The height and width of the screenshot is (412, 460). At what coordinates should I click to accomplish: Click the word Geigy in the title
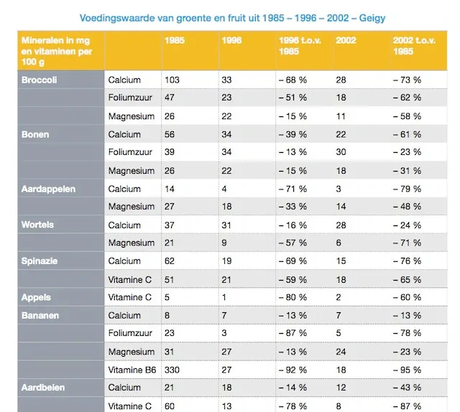click(x=372, y=18)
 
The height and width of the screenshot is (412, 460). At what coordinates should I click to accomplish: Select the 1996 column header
click(x=231, y=40)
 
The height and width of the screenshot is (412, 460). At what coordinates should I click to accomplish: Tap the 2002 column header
click(x=346, y=40)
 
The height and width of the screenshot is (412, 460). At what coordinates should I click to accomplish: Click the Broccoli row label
click(x=39, y=80)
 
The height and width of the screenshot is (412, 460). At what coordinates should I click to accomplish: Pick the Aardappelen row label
click(x=48, y=189)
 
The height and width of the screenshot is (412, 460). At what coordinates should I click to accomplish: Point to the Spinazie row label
click(x=40, y=261)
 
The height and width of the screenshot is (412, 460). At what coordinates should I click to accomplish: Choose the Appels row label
click(x=36, y=297)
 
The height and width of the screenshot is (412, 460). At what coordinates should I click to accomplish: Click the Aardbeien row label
click(x=43, y=388)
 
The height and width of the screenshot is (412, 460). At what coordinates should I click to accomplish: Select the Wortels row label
click(x=37, y=225)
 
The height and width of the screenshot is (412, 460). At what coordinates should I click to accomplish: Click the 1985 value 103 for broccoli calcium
click(x=172, y=80)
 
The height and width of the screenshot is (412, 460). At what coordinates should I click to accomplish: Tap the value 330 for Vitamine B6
click(x=172, y=370)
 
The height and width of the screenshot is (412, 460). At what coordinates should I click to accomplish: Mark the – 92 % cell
click(x=293, y=370)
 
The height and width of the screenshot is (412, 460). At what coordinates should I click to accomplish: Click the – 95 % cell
click(x=407, y=370)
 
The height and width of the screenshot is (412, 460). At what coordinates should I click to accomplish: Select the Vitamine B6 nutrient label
click(x=132, y=370)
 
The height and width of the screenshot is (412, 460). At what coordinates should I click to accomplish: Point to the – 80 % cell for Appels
click(x=293, y=297)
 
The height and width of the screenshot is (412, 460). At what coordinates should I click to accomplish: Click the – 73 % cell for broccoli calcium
click(x=407, y=80)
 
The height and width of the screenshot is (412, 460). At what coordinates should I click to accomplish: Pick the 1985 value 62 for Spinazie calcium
click(x=170, y=261)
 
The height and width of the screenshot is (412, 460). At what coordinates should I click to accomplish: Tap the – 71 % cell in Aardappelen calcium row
click(x=293, y=189)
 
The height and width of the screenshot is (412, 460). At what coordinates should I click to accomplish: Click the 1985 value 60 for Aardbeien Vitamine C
click(x=170, y=406)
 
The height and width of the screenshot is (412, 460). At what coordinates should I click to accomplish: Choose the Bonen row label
click(x=35, y=134)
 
